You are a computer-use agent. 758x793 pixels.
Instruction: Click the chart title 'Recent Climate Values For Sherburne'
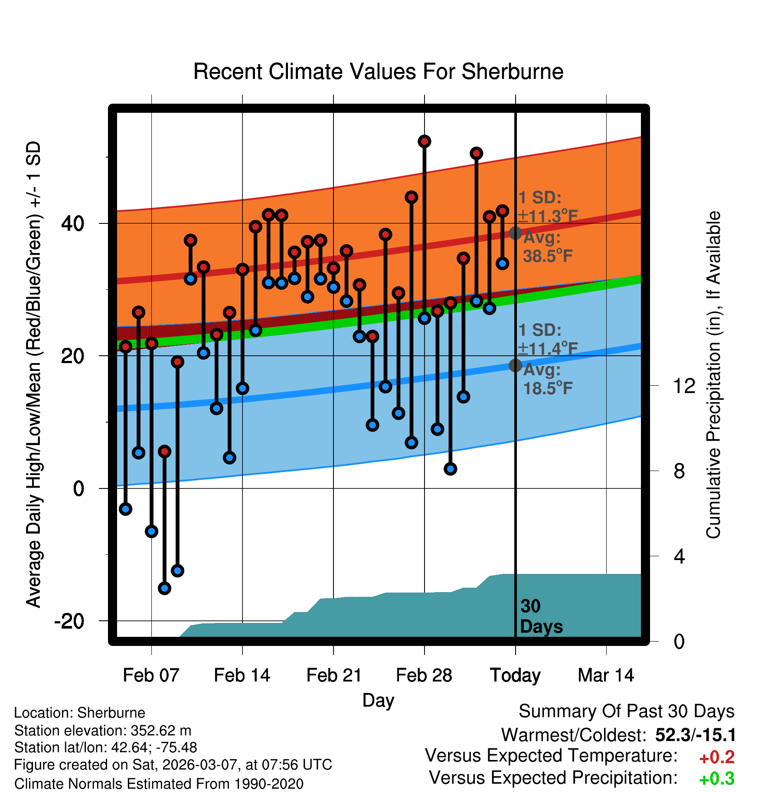pyautogui.click(x=378, y=72)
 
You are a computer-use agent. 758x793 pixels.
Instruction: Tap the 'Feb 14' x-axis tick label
pyautogui.click(x=242, y=675)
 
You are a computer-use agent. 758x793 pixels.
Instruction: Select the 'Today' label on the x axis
pyautogui.click(x=515, y=675)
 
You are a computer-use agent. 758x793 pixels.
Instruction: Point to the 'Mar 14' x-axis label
pyautogui.click(x=606, y=675)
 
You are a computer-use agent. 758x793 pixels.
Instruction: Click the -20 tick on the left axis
pyautogui.click(x=69, y=622)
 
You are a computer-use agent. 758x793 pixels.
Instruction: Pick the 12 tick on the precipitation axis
pyautogui.click(x=684, y=386)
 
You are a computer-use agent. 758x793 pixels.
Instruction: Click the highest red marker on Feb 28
pyautogui.click(x=424, y=141)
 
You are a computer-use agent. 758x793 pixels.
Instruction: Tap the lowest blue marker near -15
pyautogui.click(x=164, y=588)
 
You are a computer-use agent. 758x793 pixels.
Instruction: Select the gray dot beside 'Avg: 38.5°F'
pyautogui.click(x=515, y=233)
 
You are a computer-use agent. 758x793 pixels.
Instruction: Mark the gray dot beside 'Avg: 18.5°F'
pyautogui.click(x=515, y=365)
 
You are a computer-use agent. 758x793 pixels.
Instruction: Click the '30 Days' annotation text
pyautogui.click(x=541, y=616)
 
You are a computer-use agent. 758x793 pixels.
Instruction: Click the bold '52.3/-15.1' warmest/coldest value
pyautogui.click(x=696, y=735)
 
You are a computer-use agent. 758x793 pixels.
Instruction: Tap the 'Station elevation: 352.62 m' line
pyautogui.click(x=103, y=731)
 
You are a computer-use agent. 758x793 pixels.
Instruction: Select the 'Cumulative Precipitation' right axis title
pyautogui.click(x=713, y=375)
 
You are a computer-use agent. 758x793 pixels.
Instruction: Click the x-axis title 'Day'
pyautogui.click(x=378, y=700)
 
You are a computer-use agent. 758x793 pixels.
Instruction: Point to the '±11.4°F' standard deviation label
pyautogui.click(x=548, y=348)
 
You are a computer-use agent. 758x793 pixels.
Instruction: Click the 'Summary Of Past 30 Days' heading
pyautogui.click(x=626, y=712)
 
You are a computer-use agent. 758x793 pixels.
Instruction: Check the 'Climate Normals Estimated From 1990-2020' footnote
pyautogui.click(x=159, y=784)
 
